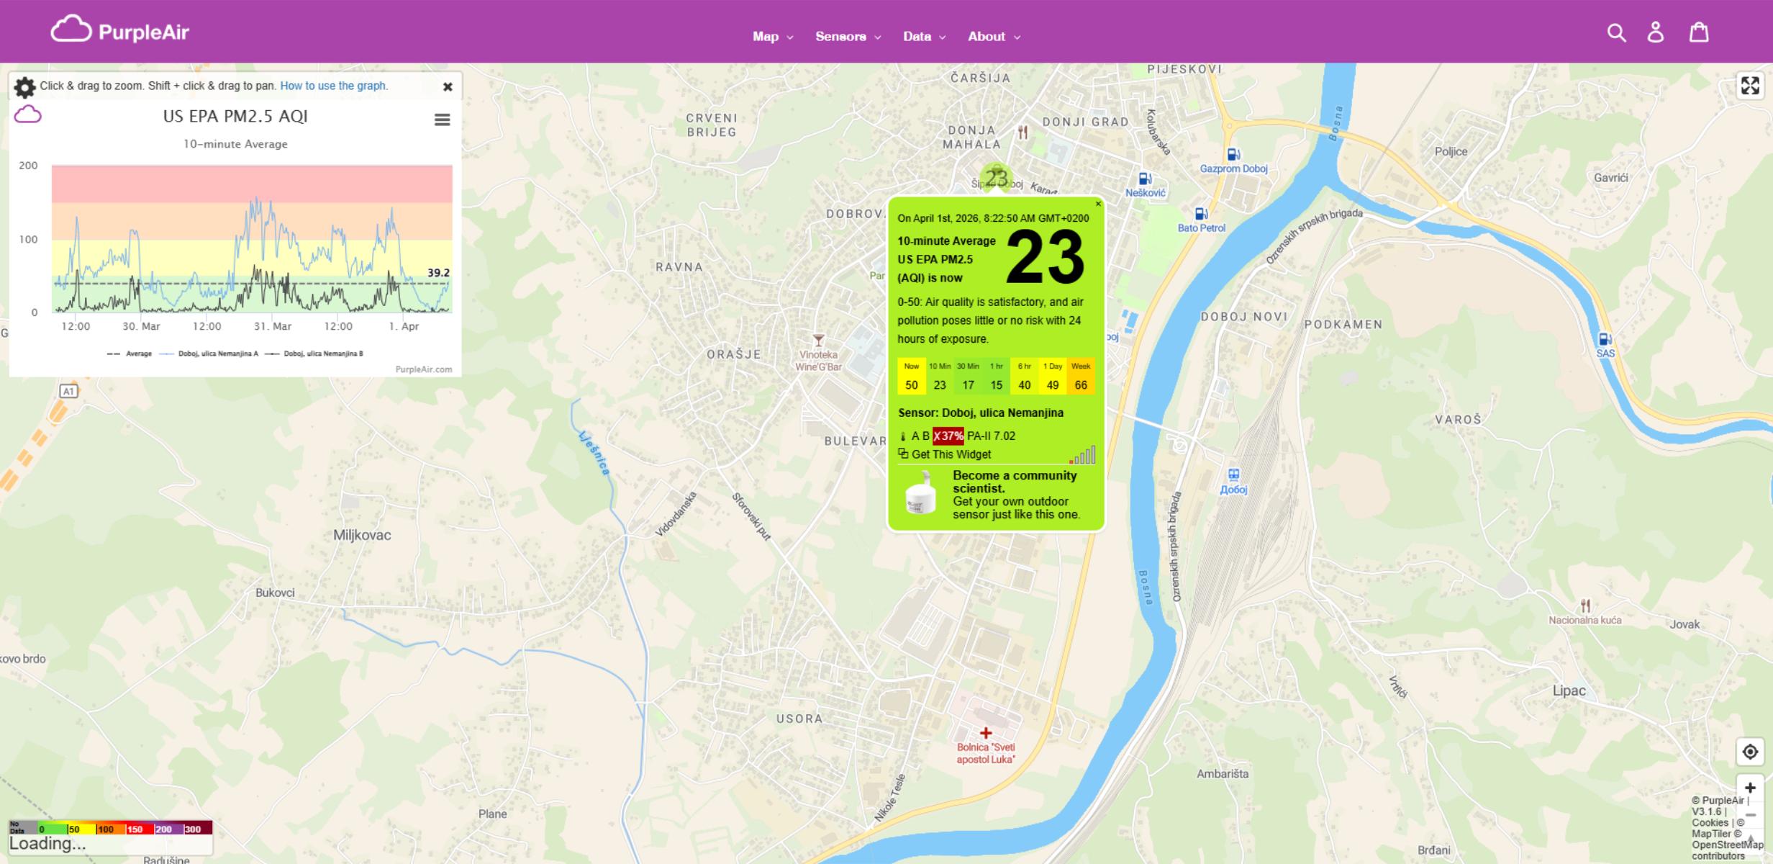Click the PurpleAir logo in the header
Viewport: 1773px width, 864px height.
pyautogui.click(x=120, y=31)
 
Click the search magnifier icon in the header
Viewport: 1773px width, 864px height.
pyautogui.click(x=1616, y=32)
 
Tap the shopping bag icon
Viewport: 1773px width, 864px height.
pyautogui.click(x=1699, y=32)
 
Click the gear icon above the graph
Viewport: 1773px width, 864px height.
pyautogui.click(x=24, y=87)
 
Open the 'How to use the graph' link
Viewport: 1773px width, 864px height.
pyautogui.click(x=333, y=86)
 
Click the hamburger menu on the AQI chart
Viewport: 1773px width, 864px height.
pyautogui.click(x=443, y=120)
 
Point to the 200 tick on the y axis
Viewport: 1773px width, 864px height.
pyautogui.click(x=29, y=166)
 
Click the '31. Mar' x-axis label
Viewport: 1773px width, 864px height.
pyautogui.click(x=273, y=326)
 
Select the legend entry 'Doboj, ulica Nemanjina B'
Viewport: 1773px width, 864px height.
pyautogui.click(x=322, y=354)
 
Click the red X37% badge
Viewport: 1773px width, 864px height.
pyautogui.click(x=948, y=436)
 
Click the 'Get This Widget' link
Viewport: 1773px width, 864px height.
pyautogui.click(x=951, y=454)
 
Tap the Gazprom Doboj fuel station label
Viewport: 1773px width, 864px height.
pyautogui.click(x=1233, y=168)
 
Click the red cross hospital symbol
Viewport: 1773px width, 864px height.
pyautogui.click(x=986, y=733)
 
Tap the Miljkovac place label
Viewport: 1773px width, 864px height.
pyautogui.click(x=362, y=535)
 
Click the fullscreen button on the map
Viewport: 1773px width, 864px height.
pyautogui.click(x=1750, y=86)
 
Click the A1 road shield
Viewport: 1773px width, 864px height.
pyautogui.click(x=68, y=391)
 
